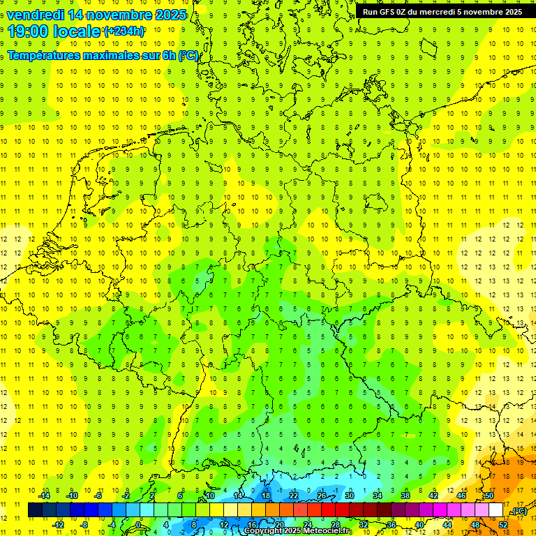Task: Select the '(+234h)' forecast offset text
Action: (124, 31)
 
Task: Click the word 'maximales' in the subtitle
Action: (102, 56)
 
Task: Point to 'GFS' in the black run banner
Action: (388, 12)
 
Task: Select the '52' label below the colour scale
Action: (502, 525)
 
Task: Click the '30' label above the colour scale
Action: (349, 496)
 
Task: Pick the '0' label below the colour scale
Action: (137, 525)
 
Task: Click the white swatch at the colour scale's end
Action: (496, 510)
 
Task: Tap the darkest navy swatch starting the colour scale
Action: (35, 510)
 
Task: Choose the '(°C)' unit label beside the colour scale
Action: (519, 512)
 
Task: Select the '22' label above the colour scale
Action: (293, 496)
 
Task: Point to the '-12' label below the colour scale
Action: (59, 525)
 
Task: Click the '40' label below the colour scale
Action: (419, 525)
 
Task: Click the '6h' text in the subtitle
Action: (170, 56)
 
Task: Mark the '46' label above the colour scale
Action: (461, 496)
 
